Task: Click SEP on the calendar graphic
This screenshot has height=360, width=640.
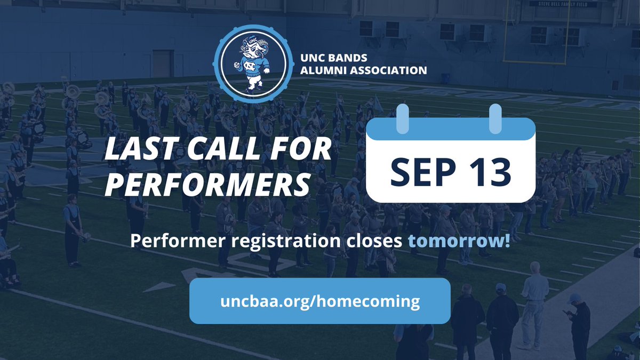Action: (x=416, y=170)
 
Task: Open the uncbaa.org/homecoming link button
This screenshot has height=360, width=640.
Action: (x=319, y=301)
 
